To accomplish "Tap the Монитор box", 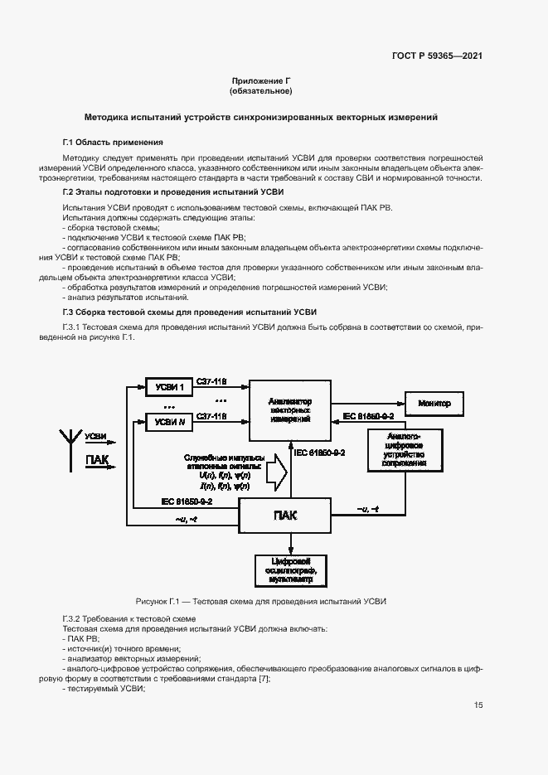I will click(x=434, y=404).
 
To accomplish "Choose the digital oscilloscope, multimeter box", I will click(x=290, y=571).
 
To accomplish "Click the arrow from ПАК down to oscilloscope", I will click(x=290, y=544).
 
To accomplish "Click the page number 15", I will click(x=478, y=705).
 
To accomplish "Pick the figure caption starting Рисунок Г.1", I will click(x=261, y=602).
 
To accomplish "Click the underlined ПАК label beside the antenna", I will click(x=96, y=460).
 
